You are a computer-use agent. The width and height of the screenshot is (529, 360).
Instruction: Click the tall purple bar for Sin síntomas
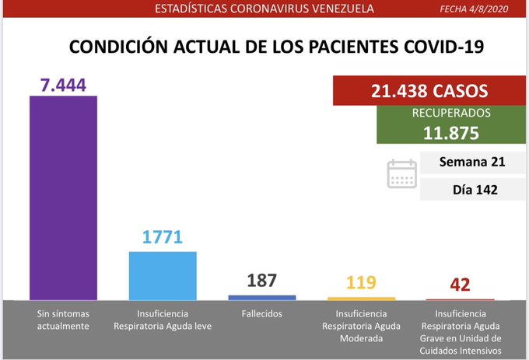(63, 197)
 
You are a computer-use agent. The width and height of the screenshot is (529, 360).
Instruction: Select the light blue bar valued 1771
(163, 275)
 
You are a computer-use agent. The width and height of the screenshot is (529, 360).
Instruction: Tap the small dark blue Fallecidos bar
(261, 297)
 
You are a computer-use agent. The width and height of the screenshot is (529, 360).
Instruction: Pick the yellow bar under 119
(361, 298)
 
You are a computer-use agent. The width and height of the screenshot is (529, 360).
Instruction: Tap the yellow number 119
(360, 283)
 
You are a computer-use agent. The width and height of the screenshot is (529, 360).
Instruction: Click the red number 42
(460, 285)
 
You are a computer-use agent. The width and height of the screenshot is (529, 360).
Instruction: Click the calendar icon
(402, 173)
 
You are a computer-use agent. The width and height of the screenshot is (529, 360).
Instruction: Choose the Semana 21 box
(471, 163)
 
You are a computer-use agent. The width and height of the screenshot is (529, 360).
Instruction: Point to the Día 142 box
(471, 189)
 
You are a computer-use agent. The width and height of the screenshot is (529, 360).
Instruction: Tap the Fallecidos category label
(261, 313)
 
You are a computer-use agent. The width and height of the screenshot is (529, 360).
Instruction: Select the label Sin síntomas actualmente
(63, 320)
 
